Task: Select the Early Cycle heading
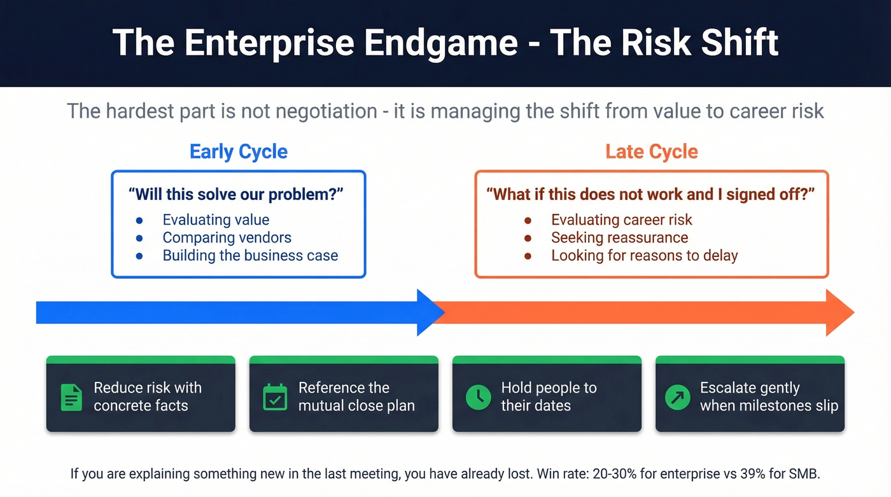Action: tap(239, 151)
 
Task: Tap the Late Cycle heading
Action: tap(651, 151)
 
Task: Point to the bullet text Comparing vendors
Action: tap(227, 238)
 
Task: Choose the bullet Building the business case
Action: tap(250, 256)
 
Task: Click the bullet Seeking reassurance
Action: tap(619, 238)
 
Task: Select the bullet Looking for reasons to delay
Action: tap(644, 256)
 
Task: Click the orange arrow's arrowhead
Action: tap(839, 312)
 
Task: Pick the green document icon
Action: tap(71, 397)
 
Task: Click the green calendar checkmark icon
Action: tap(275, 397)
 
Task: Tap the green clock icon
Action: tap(478, 397)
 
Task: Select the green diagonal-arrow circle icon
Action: tap(677, 397)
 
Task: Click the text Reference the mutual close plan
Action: tap(356, 396)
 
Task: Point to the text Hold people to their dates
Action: tap(549, 396)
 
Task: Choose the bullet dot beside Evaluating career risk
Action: tap(528, 220)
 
